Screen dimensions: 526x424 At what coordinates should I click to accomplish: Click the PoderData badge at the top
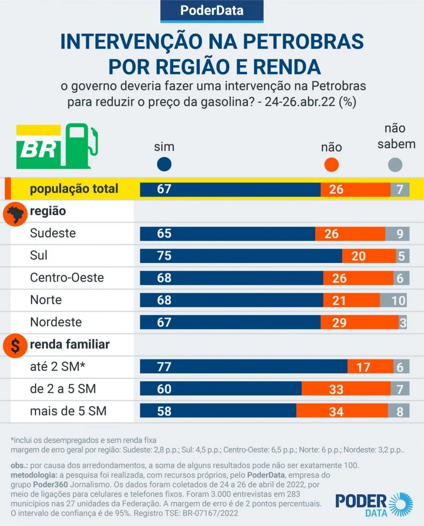coord(212,11)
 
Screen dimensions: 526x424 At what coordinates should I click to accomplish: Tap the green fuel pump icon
coord(81,145)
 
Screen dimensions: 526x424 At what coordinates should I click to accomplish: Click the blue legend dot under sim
coord(164,165)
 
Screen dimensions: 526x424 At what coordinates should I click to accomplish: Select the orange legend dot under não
coord(331,165)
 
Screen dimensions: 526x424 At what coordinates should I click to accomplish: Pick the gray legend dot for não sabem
coord(395,165)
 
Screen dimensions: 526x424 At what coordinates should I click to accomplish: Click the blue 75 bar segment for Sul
coord(241,255)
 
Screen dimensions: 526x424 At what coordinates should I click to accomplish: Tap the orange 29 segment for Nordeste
coord(359,322)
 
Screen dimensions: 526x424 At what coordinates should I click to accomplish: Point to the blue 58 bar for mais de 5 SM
coord(218,411)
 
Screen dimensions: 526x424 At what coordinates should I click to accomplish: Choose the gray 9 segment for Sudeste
coord(398,233)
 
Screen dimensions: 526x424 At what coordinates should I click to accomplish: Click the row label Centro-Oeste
coord(67,278)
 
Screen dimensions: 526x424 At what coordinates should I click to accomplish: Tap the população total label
coord(74,189)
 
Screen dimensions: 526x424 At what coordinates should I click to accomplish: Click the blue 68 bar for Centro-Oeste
coord(231,278)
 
